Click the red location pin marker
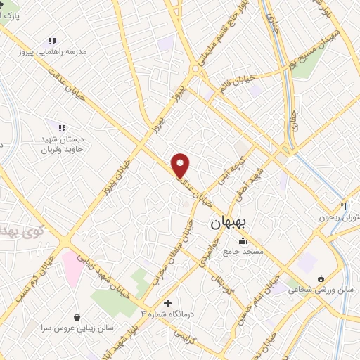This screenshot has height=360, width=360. pos(181,165)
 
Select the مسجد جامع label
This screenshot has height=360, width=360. pos(243,251)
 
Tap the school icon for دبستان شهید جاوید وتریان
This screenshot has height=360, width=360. pos(61,128)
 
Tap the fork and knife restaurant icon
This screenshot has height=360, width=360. pos(343,207)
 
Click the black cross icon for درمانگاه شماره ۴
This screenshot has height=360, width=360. pos(167,303)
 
